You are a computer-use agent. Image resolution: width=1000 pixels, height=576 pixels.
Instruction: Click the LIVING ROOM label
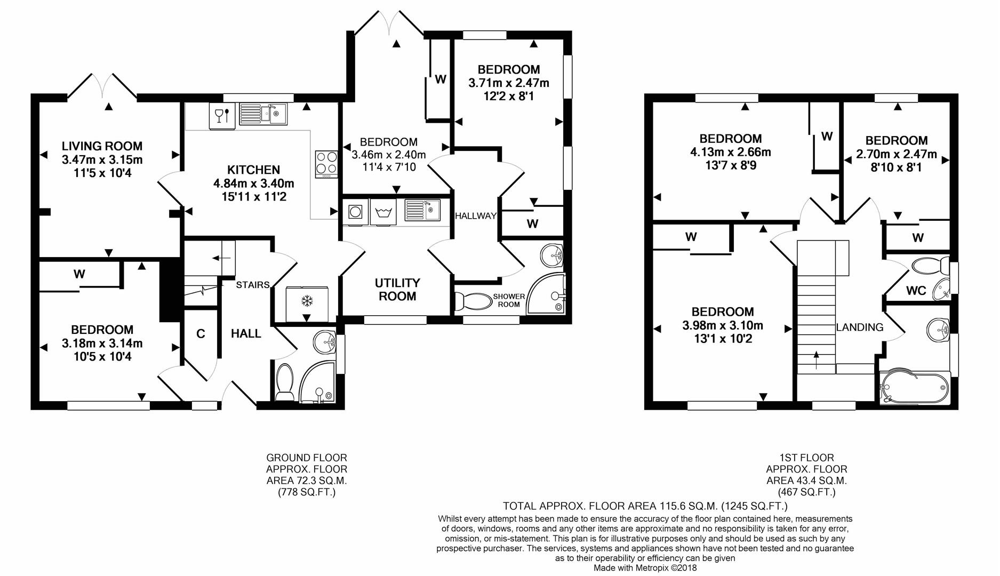coord(102,146)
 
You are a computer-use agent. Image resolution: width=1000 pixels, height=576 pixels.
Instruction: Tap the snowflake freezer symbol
coord(307,301)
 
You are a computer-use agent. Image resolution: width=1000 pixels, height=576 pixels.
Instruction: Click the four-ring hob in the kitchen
coord(326,164)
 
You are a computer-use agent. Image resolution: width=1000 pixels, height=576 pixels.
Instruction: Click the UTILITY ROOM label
coord(397,290)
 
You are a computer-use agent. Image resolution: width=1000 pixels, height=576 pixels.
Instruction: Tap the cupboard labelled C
coord(201,334)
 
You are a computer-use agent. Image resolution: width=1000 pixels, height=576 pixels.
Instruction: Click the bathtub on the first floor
coord(914,386)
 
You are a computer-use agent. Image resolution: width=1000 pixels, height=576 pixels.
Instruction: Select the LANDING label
coord(859,327)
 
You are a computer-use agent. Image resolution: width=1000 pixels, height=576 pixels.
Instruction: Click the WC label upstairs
coord(916,291)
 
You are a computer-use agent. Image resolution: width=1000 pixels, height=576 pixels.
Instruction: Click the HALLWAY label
coord(475,216)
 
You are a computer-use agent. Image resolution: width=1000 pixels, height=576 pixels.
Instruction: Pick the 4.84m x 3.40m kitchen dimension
coord(254,183)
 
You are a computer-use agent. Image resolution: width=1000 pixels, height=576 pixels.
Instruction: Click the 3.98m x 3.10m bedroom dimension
coord(723,325)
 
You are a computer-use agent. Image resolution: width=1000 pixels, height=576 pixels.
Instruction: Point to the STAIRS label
coord(253,285)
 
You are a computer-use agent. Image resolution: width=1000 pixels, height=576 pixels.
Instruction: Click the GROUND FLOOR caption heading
coord(307,458)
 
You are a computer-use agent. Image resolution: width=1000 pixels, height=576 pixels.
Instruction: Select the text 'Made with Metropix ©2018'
coord(645,568)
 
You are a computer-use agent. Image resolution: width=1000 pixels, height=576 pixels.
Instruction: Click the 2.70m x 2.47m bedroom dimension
coord(896,154)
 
